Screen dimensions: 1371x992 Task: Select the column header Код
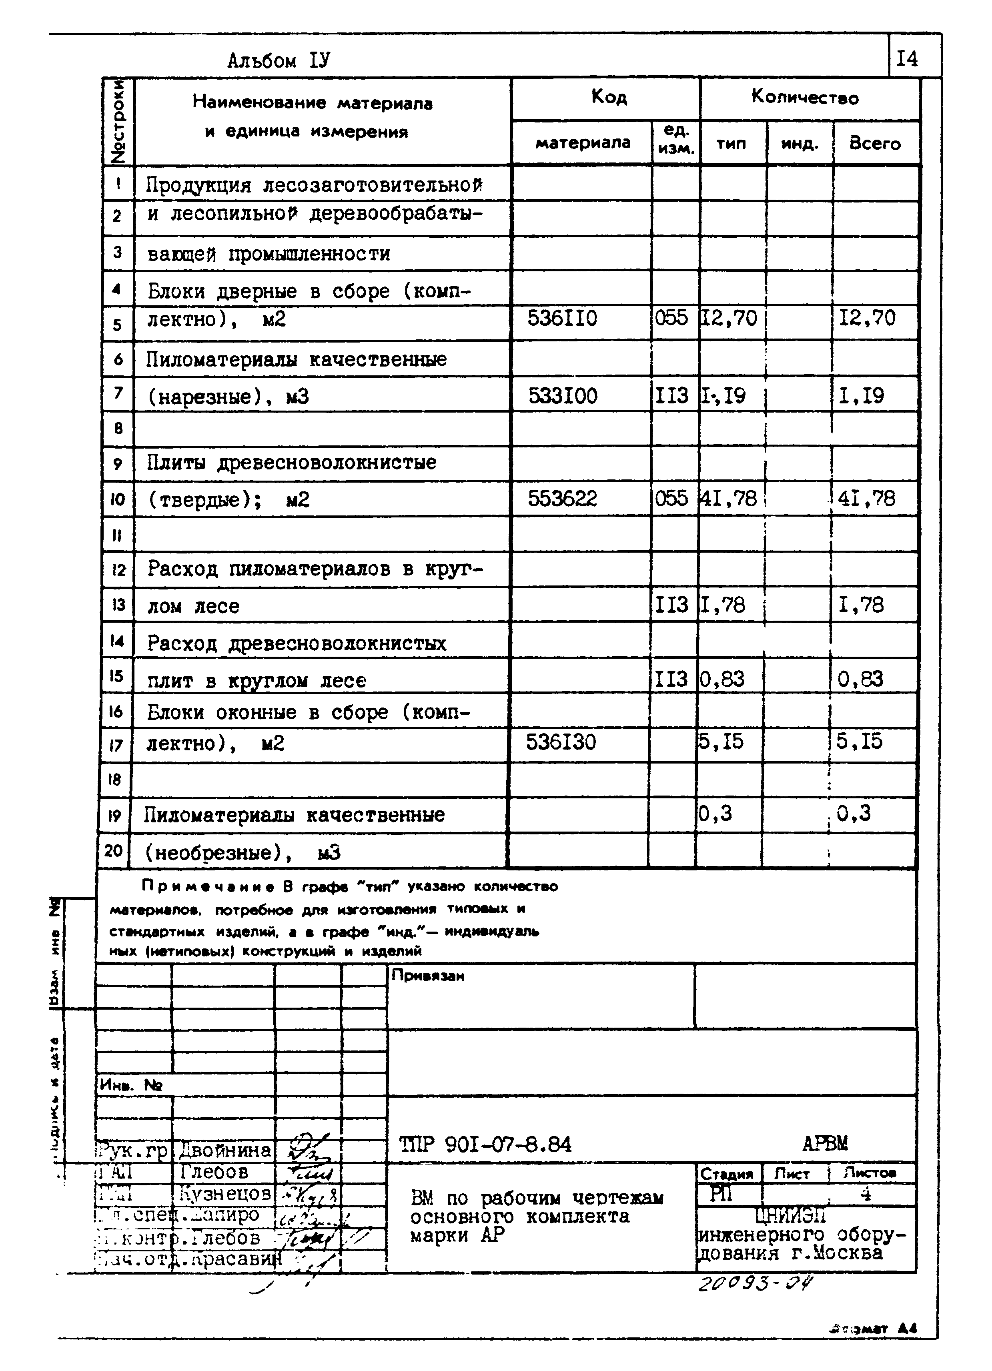pyautogui.click(x=608, y=97)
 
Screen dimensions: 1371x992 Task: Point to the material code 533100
pyautogui.click(x=562, y=396)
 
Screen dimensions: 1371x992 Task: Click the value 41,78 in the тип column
pyautogui.click(x=728, y=499)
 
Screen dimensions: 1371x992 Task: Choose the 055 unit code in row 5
pyautogui.click(x=671, y=318)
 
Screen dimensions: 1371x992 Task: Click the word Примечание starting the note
pyautogui.click(x=207, y=887)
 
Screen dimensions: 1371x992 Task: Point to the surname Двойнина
pyautogui.click(x=225, y=1149)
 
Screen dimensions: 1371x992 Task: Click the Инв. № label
pyautogui.click(x=130, y=1085)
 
